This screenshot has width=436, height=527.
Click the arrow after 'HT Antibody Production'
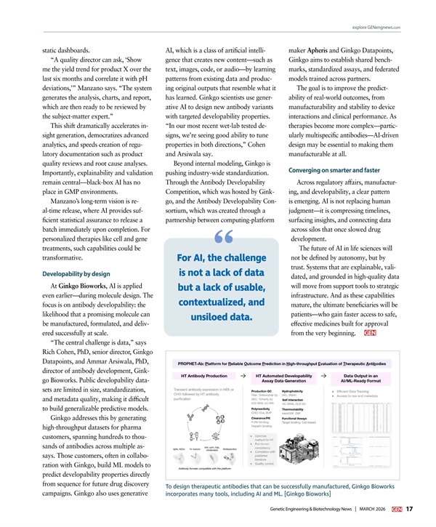point(241,374)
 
